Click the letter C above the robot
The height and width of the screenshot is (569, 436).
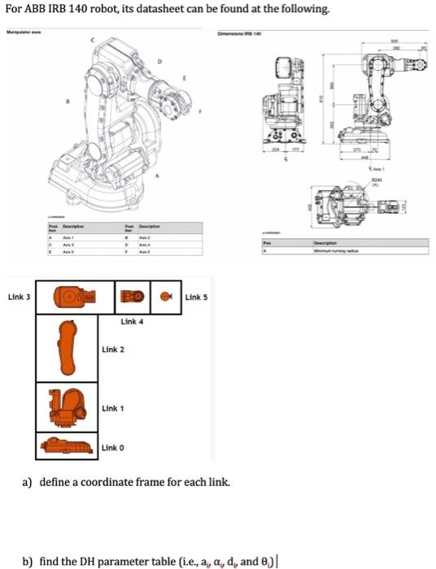coord(92,40)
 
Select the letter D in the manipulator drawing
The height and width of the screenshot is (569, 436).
coord(159,61)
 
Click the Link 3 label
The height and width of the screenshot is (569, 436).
coord(19,298)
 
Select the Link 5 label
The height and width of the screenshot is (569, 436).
coord(197,298)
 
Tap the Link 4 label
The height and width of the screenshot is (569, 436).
coord(132,322)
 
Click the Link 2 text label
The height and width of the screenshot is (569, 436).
coord(113,350)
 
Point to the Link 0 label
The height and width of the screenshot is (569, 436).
coord(113,448)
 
